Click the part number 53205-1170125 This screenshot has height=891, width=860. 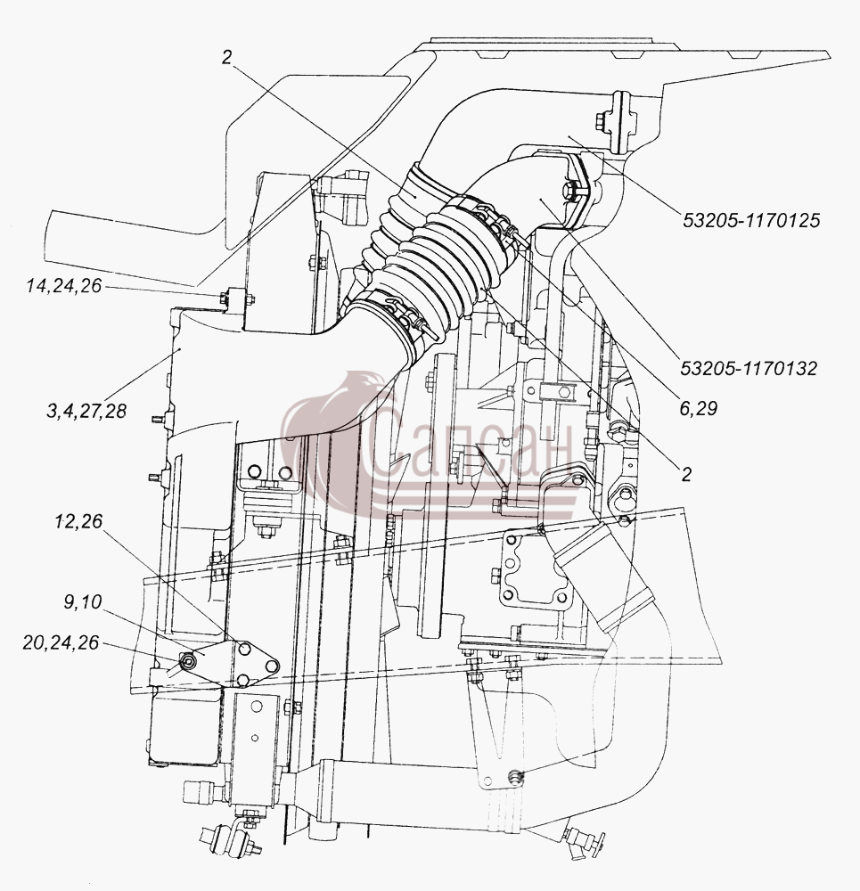(751, 220)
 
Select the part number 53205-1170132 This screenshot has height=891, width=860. (749, 368)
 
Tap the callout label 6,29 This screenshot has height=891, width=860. (699, 408)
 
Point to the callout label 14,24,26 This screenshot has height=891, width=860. (63, 285)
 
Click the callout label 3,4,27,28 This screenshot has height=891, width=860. (86, 410)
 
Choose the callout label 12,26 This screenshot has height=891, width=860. (78, 521)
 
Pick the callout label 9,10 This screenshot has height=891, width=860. (82, 601)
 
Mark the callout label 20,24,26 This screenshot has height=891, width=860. (61, 642)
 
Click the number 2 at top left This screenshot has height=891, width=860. (226, 57)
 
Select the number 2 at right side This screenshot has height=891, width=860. (686, 474)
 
